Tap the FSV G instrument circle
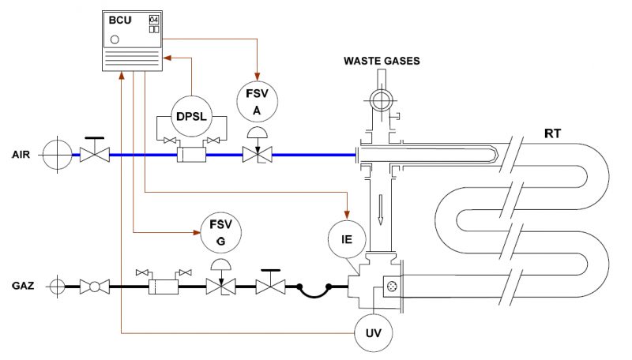click(x=220, y=232)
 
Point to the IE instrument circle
click(x=347, y=238)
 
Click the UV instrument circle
click(x=374, y=332)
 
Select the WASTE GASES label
click(x=381, y=60)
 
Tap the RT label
click(x=553, y=133)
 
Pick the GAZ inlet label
click(x=23, y=286)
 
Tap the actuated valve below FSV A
click(x=255, y=155)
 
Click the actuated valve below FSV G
click(x=219, y=286)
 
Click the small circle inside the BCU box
click(x=115, y=39)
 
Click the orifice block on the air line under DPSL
click(x=192, y=156)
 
